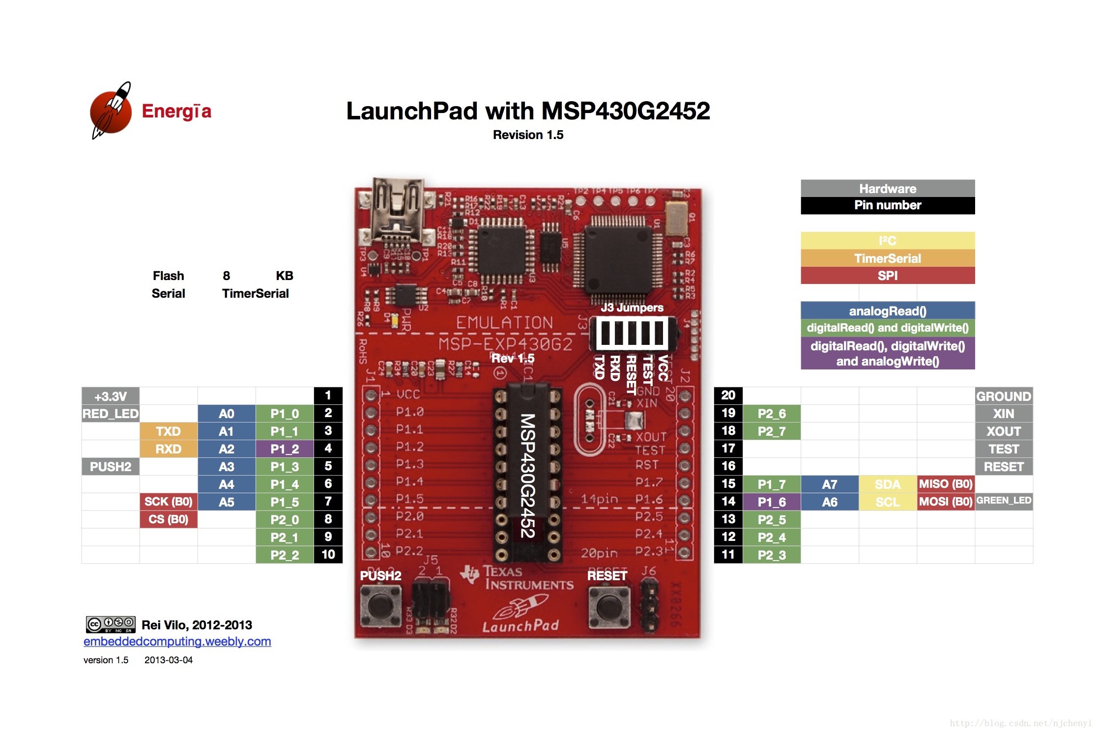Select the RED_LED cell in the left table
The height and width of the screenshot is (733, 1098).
110,414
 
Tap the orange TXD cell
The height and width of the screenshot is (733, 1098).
168,431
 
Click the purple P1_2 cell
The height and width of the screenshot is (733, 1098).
284,449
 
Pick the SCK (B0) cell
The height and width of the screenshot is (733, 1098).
168,502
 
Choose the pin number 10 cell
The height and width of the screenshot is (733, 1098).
328,555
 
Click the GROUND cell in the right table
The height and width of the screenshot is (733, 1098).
1003,396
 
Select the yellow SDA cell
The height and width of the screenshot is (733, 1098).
887,484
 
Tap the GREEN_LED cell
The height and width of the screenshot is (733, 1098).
1003,501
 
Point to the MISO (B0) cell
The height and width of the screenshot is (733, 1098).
945,484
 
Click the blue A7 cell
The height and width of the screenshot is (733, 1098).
829,484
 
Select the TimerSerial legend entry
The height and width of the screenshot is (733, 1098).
887,258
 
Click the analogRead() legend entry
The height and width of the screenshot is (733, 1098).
887,311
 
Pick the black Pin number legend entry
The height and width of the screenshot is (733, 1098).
887,205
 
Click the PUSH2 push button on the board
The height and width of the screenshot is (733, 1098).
380,607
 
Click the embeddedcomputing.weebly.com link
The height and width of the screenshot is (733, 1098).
177,641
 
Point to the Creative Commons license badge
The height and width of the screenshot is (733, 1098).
111,624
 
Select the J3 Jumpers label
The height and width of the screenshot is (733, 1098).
632,308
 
